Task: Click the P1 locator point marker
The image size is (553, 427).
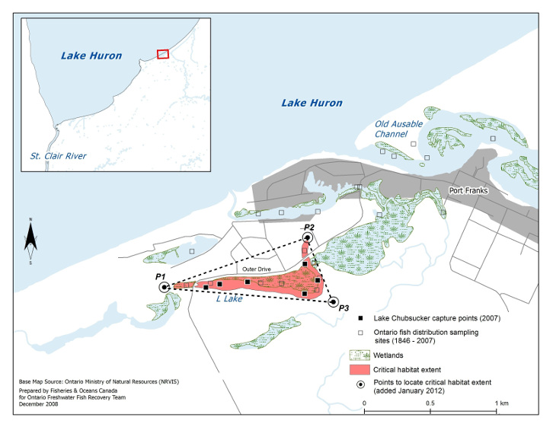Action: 164,287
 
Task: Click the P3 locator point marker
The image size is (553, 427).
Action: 332,302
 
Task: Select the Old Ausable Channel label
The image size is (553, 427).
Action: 396,129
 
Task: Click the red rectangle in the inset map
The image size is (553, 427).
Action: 162,53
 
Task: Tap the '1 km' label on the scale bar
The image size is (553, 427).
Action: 501,403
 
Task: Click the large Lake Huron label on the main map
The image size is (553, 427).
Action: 312,103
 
